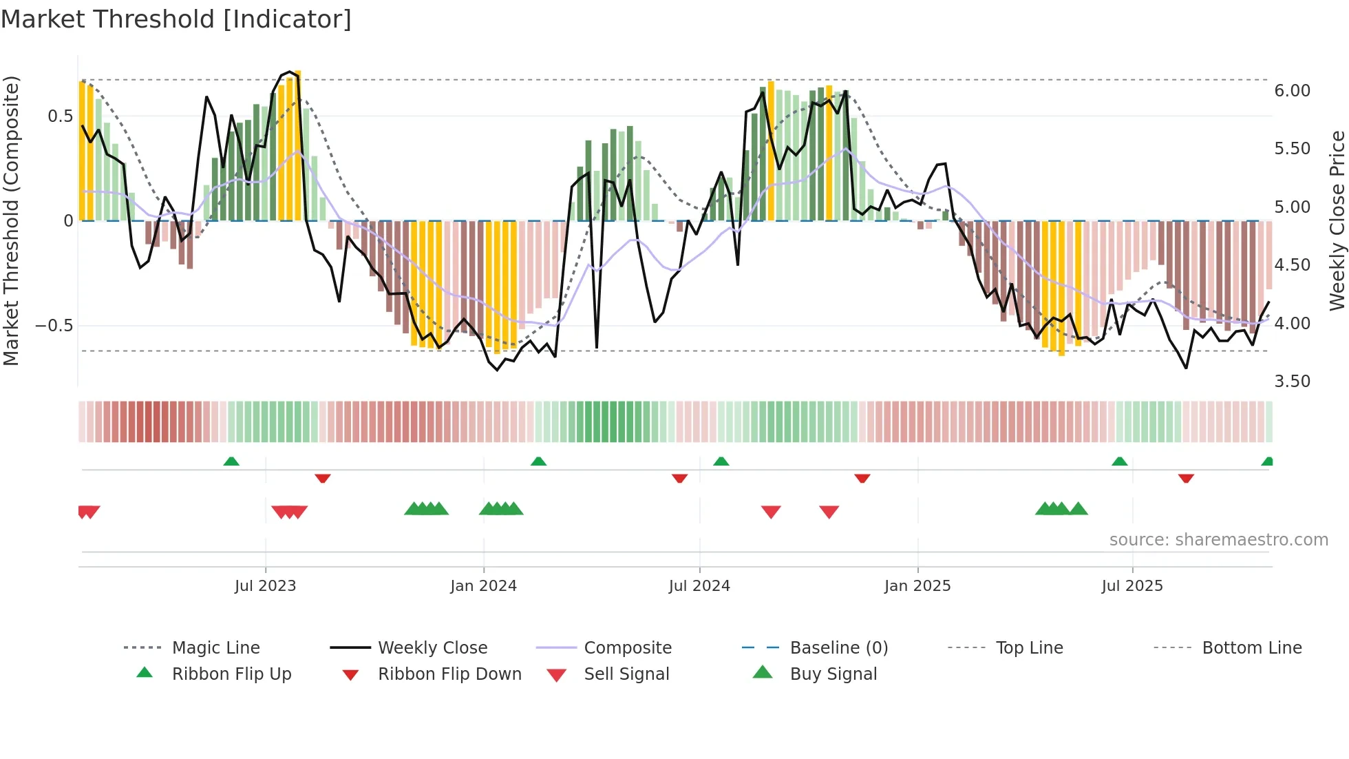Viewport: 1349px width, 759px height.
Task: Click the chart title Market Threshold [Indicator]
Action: [176, 19]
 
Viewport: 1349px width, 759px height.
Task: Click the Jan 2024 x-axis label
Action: [483, 585]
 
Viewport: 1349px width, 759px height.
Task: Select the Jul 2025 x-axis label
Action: [1132, 585]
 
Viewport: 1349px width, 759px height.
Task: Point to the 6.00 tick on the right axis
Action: [1292, 91]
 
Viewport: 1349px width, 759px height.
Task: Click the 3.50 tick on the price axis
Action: [1292, 382]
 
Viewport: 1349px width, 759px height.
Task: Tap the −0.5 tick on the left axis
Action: [54, 325]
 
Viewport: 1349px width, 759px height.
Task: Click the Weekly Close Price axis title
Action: [1337, 220]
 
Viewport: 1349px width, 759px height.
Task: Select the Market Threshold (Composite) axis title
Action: [11, 220]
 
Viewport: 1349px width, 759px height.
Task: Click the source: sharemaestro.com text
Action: [1218, 539]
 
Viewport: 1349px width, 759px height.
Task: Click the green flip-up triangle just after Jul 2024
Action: [721, 461]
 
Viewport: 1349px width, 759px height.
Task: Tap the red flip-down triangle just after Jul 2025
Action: [1185, 478]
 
